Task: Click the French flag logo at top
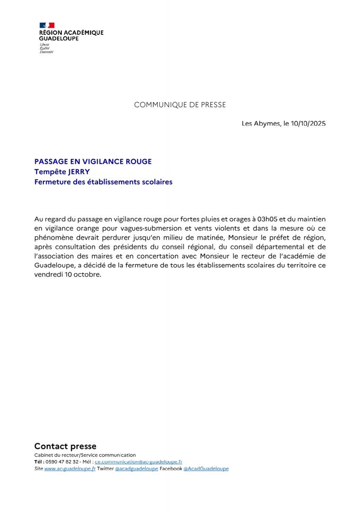(47, 25)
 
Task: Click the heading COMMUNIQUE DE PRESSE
(180, 105)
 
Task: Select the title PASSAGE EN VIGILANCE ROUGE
(93, 162)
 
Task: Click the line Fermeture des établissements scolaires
(103, 181)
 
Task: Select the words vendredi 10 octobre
(67, 275)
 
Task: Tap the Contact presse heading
(65, 446)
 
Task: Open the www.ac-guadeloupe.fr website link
(70, 469)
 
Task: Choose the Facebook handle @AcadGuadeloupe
(206, 469)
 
